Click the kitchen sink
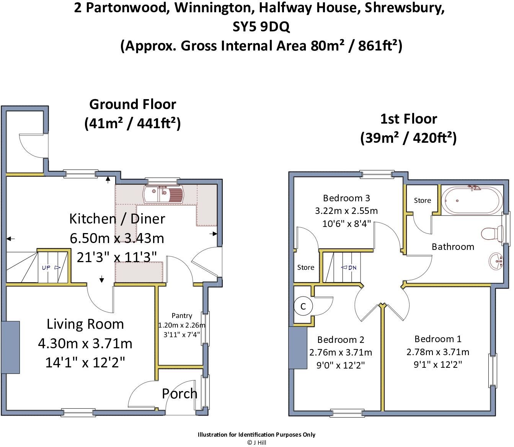tap(163, 194)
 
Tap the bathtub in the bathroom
tap(472, 201)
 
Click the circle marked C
tap(303, 306)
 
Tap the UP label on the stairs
tap(46, 268)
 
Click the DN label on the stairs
tap(352, 268)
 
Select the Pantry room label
tap(182, 315)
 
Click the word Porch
tap(179, 393)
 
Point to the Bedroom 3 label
tap(346, 198)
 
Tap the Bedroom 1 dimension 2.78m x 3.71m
tap(438, 352)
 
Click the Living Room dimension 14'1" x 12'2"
tap(85, 362)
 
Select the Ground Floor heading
tap(133, 104)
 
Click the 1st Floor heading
tap(409, 119)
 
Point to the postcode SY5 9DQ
tap(261, 27)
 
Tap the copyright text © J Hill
tap(257, 442)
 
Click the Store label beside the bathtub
tap(423, 201)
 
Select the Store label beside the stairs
tap(306, 267)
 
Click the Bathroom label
tap(453, 246)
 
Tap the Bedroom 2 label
tap(341, 339)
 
